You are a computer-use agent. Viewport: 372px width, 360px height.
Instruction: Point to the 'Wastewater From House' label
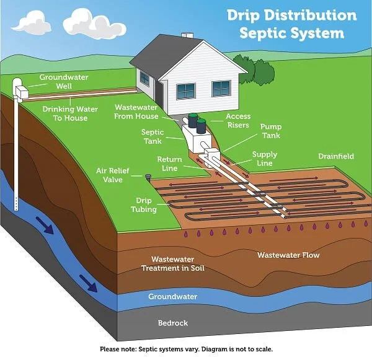point(136,112)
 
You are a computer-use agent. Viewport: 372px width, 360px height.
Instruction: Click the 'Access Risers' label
point(237,120)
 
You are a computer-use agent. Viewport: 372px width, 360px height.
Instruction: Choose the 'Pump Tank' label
point(270,131)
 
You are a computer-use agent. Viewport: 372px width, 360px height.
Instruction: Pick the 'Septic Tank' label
point(152,136)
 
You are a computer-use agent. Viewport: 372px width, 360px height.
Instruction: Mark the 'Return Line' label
point(169,164)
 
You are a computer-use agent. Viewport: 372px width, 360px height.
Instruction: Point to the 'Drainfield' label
point(336,157)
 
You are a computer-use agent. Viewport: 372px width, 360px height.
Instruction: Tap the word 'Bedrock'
point(172,323)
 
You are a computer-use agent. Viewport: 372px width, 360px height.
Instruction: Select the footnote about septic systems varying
point(186,349)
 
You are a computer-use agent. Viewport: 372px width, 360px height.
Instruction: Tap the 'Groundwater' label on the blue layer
point(172,297)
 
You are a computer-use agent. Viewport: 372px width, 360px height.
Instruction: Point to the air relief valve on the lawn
point(148,177)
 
